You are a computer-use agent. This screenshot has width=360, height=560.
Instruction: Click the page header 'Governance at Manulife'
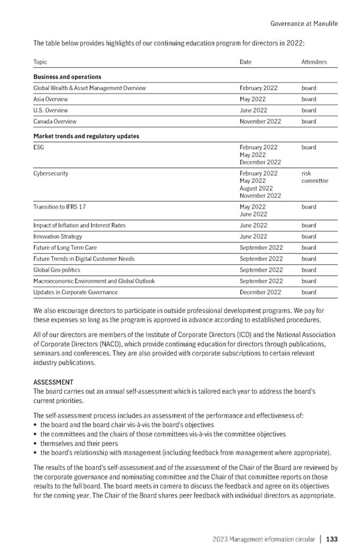click(304, 23)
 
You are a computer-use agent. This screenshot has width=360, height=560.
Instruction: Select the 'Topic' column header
click(40, 62)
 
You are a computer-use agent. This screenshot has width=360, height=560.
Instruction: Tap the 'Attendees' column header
click(314, 62)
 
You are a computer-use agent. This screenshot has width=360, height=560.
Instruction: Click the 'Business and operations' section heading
click(67, 77)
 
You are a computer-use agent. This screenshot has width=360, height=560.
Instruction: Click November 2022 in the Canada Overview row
click(260, 122)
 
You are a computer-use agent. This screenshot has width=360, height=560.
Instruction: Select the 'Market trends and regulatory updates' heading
click(86, 136)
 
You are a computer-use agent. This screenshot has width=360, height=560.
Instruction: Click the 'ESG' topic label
click(39, 147)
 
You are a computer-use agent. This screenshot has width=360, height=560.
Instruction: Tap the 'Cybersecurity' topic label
click(51, 174)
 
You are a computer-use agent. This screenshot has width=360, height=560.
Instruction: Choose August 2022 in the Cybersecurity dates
click(256, 188)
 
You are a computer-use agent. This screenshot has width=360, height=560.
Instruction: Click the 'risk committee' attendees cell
click(314, 177)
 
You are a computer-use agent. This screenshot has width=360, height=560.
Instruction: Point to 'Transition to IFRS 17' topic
click(59, 207)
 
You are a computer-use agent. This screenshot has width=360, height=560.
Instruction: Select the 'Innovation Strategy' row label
click(58, 237)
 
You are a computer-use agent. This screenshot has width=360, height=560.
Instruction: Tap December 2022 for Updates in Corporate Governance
click(260, 293)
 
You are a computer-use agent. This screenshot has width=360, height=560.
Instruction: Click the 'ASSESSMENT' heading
click(53, 382)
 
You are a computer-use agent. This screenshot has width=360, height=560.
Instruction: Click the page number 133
click(332, 540)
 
